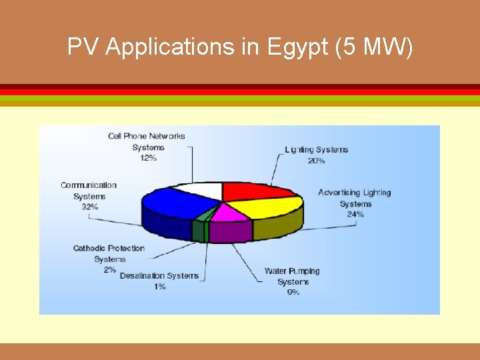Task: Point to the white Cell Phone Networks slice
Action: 203,189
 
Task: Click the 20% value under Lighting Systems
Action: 316,161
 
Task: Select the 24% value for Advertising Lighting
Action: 355,214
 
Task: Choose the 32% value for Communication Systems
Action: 89,207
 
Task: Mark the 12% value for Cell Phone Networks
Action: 147,158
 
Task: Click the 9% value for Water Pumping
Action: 293,293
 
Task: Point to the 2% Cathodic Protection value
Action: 109,270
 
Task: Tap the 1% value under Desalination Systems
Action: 159,287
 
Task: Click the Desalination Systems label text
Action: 159,276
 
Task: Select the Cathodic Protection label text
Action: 109,249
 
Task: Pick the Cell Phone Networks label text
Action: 147,136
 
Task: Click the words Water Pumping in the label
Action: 292,271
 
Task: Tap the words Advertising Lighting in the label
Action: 354,193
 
